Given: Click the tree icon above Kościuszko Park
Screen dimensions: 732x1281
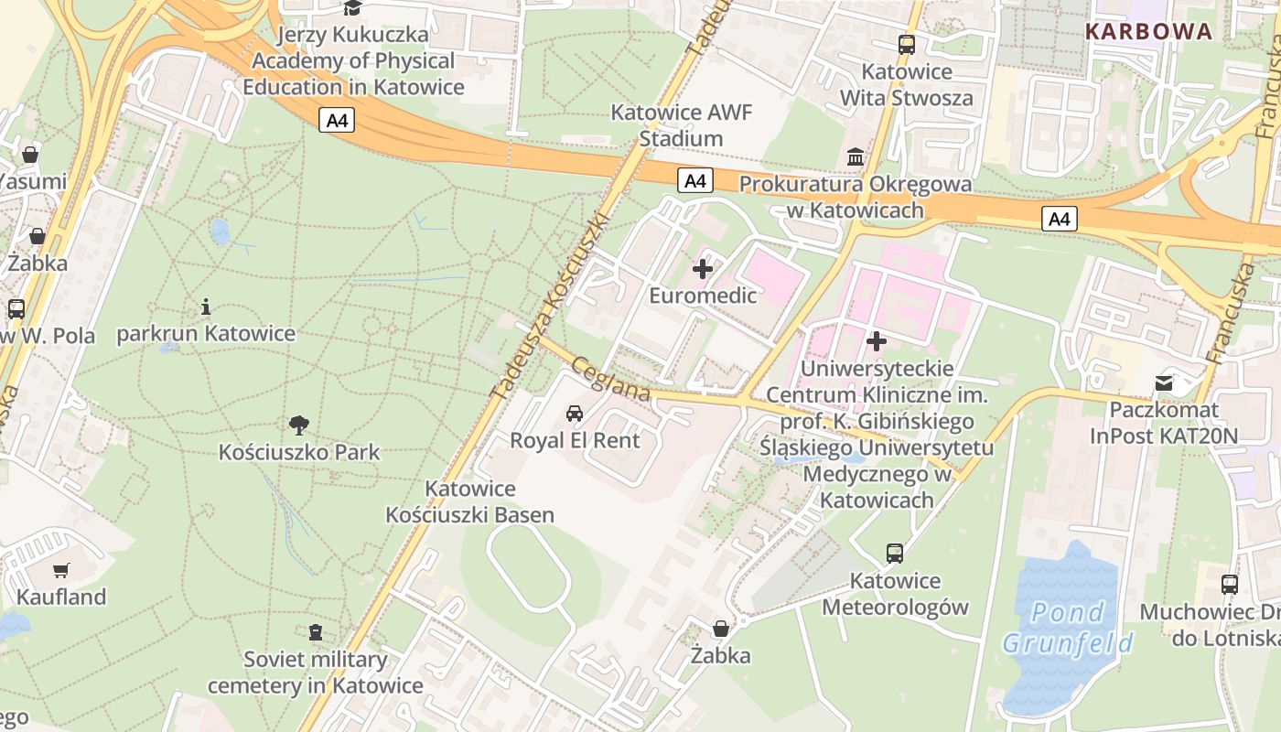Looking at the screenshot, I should [x=298, y=425].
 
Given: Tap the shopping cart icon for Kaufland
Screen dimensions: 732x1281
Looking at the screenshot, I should [x=61, y=571].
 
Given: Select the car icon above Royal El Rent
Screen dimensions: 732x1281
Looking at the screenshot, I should [x=575, y=413].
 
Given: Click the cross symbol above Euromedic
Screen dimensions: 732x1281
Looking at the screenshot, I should [x=703, y=269].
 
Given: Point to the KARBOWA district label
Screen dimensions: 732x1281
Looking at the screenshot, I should [x=1148, y=32].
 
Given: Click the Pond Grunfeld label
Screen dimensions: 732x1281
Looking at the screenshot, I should [x=1068, y=628].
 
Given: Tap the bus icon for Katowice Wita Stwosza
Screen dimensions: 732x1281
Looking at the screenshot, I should [x=907, y=44].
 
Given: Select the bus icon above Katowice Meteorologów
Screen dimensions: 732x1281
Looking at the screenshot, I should [x=894, y=553].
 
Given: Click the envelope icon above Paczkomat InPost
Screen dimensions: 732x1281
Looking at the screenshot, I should [x=1163, y=382].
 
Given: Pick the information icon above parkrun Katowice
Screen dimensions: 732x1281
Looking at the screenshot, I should [x=206, y=307].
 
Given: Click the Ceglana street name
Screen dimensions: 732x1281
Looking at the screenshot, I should [x=610, y=379].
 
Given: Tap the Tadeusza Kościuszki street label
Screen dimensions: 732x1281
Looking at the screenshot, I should [x=550, y=307].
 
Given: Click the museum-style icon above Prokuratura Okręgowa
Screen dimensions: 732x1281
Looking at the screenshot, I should [x=856, y=157].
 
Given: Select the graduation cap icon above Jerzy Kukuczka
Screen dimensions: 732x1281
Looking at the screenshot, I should [x=353, y=8].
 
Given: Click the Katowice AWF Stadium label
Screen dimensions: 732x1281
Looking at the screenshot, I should [x=681, y=126].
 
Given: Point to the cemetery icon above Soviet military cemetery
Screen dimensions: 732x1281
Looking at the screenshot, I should [x=316, y=632].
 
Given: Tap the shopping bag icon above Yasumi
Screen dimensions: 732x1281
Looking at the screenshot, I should [x=30, y=154].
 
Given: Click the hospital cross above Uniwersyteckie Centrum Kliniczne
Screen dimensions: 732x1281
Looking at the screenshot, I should [x=877, y=341].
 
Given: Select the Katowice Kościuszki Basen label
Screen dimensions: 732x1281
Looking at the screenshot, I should [x=469, y=501].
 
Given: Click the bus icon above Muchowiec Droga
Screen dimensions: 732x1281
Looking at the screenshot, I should [x=1230, y=584].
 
